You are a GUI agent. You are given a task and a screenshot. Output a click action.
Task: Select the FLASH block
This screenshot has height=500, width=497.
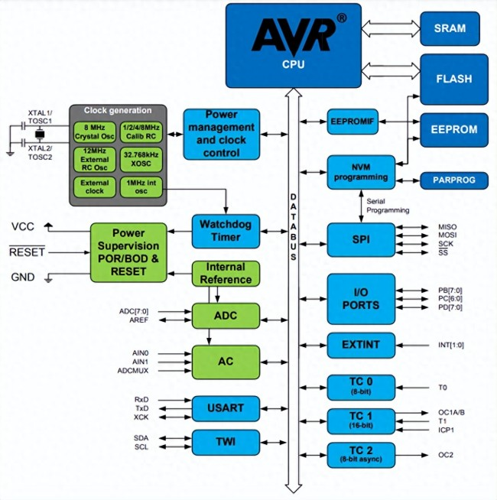click(x=454, y=79)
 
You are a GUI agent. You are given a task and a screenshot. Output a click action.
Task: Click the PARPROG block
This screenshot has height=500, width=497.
click(x=454, y=180)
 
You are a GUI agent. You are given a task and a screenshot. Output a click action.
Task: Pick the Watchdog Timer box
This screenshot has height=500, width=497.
click(x=226, y=231)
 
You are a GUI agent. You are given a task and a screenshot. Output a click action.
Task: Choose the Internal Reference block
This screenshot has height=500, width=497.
click(x=226, y=273)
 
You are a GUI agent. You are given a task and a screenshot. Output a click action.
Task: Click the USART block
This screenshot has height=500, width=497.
click(x=226, y=409)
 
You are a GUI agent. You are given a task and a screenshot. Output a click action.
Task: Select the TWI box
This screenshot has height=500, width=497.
click(x=226, y=441)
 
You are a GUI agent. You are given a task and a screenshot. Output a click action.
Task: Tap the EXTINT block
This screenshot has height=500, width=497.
click(x=361, y=346)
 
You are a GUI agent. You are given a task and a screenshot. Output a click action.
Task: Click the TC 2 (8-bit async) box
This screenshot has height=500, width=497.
click(x=361, y=455)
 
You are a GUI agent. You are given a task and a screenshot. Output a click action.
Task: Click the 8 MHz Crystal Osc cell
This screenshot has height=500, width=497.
click(x=96, y=131)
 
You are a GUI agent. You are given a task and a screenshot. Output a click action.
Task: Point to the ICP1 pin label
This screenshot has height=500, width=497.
click(x=447, y=429)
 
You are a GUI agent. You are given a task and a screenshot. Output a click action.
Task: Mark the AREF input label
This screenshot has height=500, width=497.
click(x=139, y=320)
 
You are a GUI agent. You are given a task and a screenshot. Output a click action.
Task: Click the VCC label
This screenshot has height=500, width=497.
click(x=23, y=227)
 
